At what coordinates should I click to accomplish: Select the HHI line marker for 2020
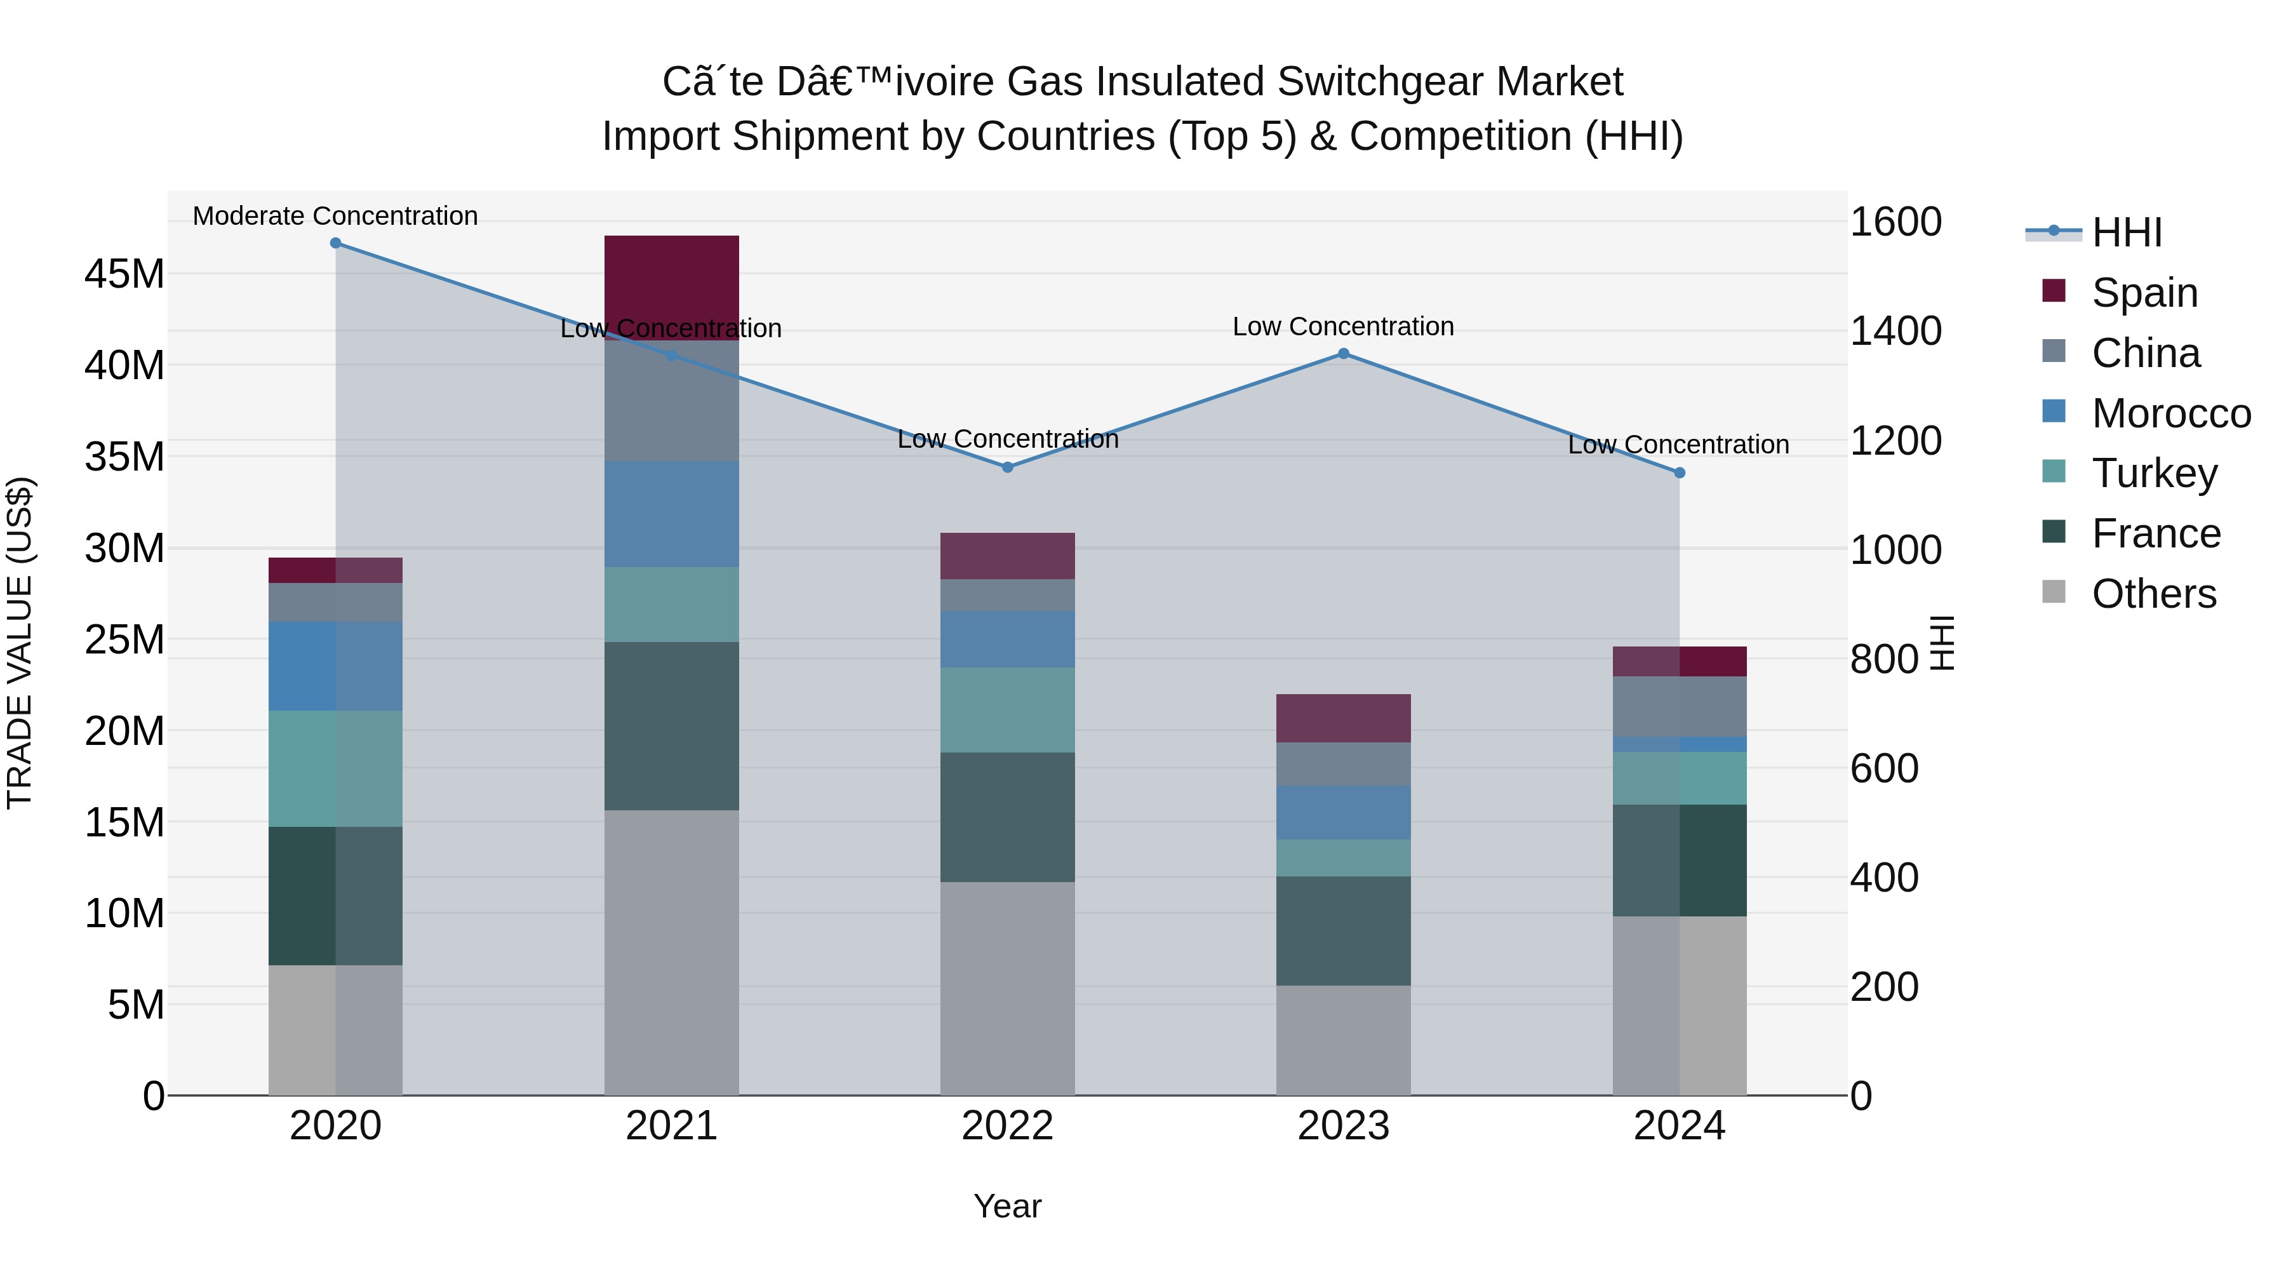coord(335,243)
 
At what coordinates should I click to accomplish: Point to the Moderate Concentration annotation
coord(335,216)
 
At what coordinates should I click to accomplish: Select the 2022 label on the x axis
coord(1007,1126)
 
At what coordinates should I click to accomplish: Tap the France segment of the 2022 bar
coord(1007,817)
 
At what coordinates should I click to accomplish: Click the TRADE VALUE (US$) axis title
coord(20,643)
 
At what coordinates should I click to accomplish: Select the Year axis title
coord(1007,1206)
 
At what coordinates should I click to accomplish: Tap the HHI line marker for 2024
coord(1679,473)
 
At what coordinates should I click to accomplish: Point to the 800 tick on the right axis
coord(1884,659)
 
